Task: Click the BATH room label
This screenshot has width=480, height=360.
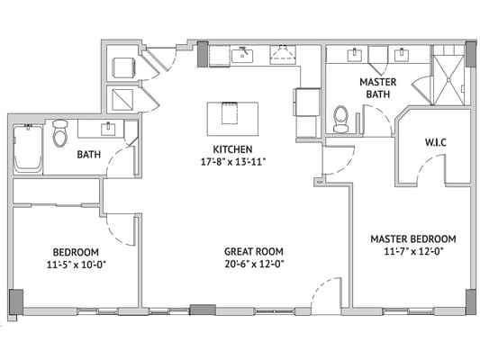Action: coord(88,154)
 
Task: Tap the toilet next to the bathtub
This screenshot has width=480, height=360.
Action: coord(60,134)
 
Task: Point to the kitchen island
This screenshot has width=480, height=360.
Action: coord(231,118)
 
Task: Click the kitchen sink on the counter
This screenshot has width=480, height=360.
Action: coord(244,55)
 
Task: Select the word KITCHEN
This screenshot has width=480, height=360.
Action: coord(232,149)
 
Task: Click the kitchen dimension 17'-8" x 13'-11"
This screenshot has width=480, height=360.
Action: coord(232,162)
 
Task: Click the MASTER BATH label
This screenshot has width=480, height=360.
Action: coord(378,87)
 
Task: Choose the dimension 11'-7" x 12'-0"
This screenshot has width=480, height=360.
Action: coord(412,251)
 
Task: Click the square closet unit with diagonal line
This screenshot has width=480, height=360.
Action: coord(121,98)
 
